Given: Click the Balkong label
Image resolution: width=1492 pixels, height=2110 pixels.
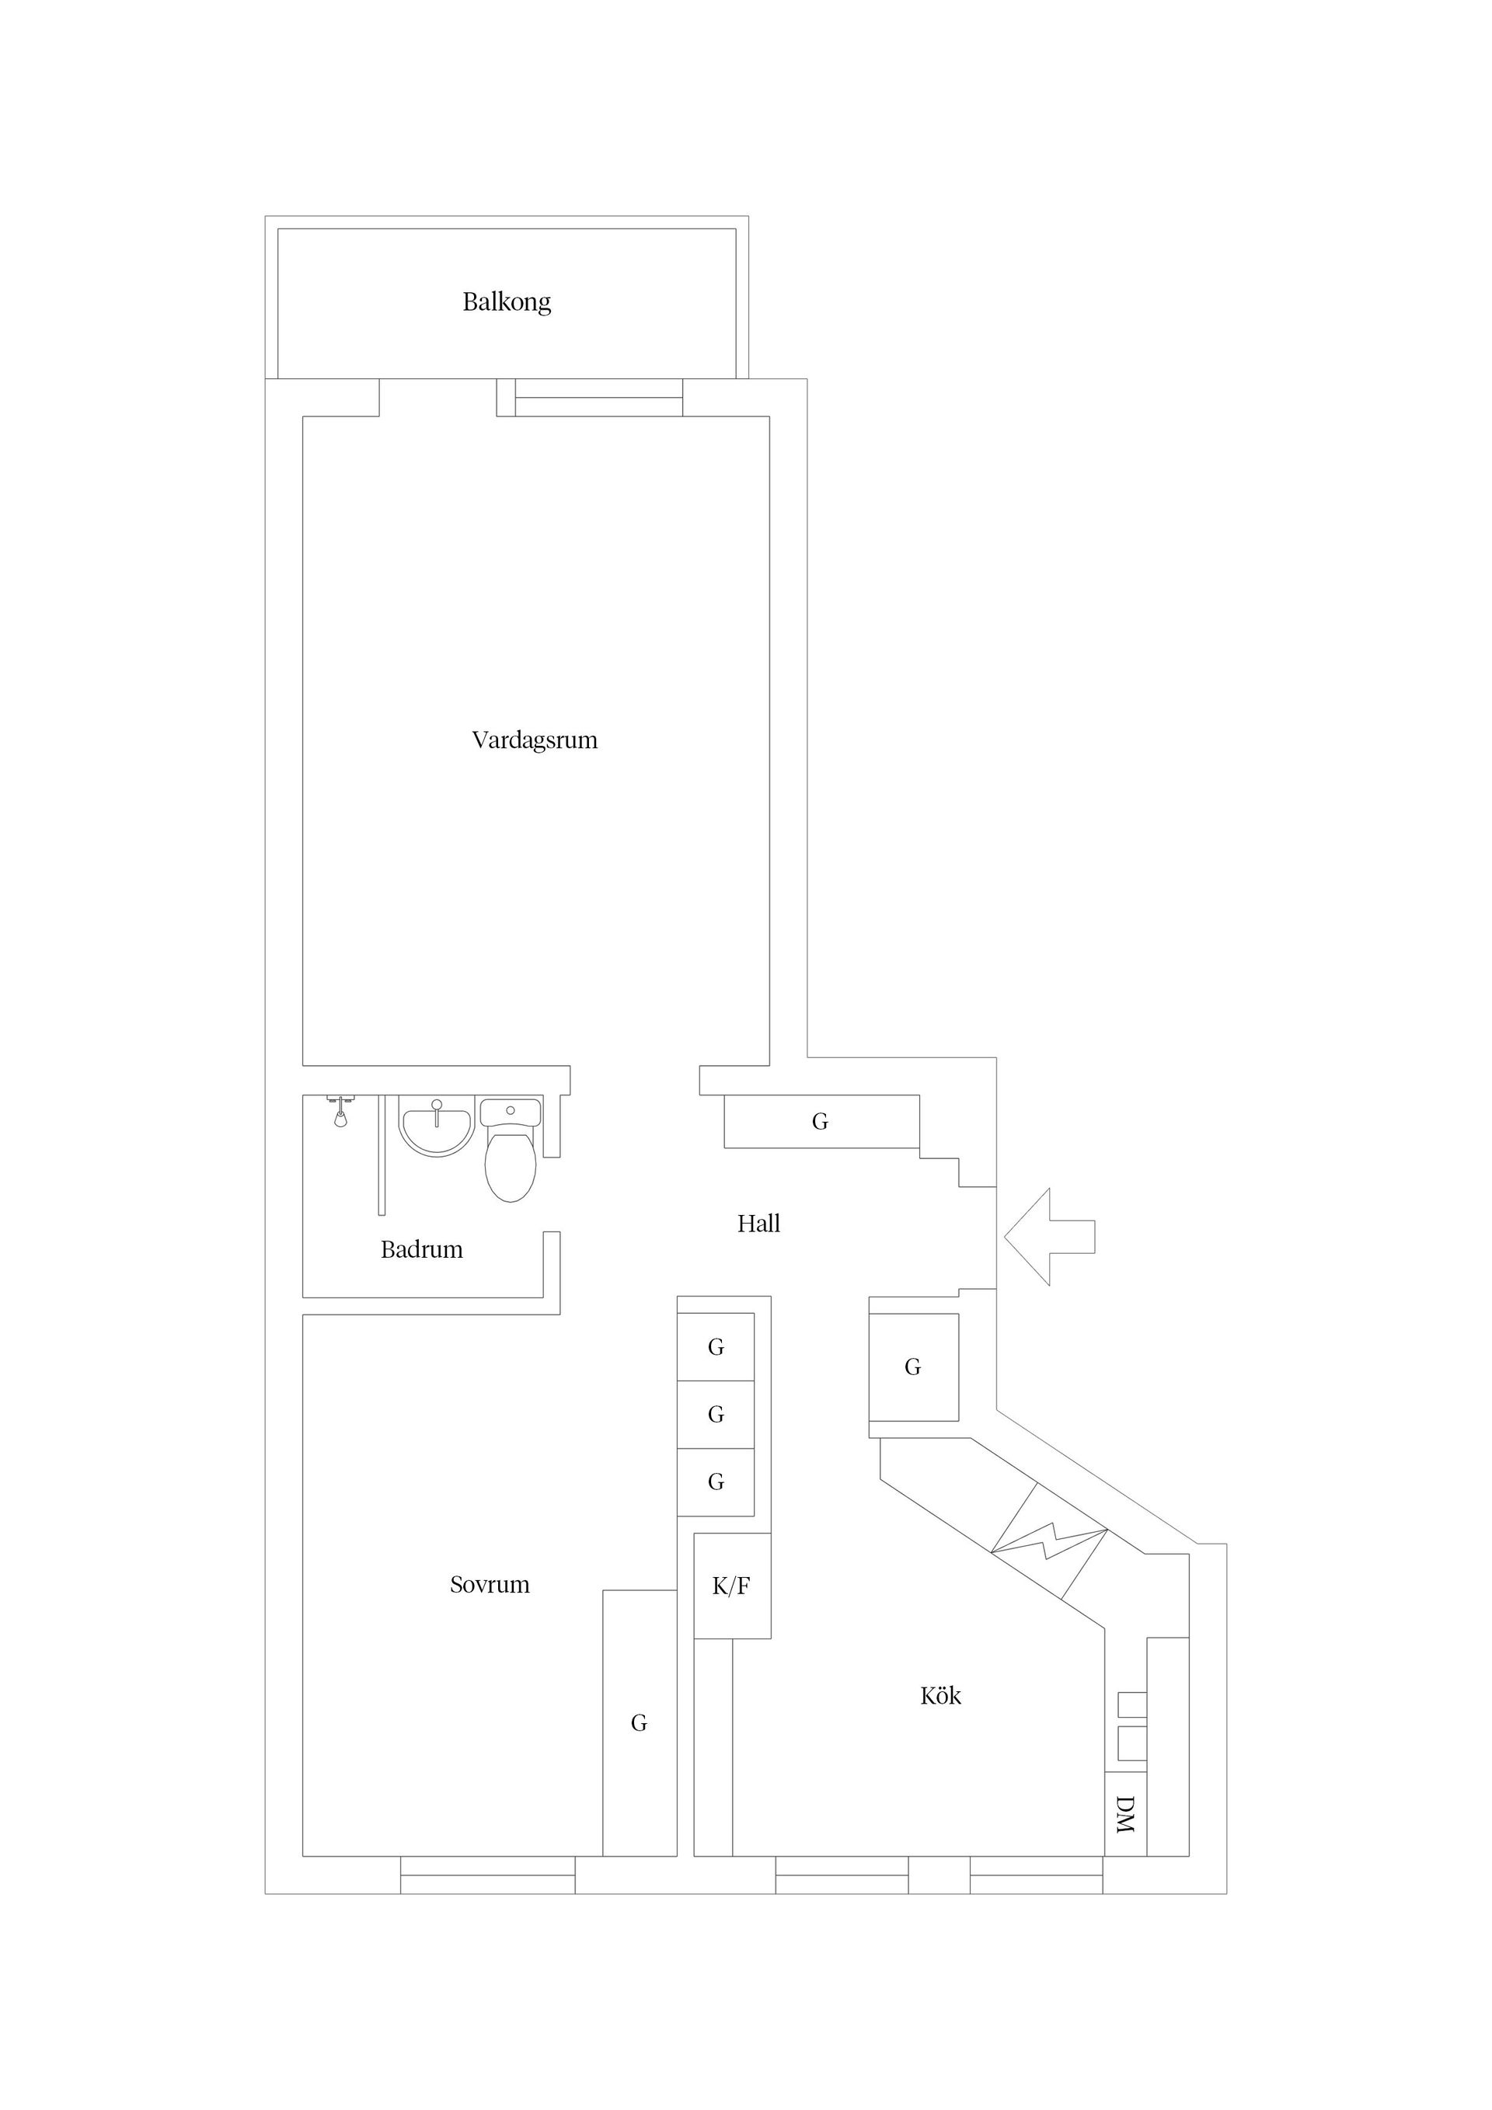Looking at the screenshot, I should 507,302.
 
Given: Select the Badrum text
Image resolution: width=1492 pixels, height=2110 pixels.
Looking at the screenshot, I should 421,1250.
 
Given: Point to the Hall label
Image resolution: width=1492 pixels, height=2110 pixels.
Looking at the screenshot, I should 758,1224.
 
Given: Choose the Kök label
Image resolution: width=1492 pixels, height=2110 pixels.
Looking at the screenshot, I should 940,1695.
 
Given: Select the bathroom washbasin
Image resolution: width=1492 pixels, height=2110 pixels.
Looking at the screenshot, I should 436,1126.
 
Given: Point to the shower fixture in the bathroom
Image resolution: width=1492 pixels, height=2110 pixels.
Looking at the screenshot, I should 340,1111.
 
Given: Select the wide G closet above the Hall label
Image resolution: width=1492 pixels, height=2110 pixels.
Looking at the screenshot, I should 821,1121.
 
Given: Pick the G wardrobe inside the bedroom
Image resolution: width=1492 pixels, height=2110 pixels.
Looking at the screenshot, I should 639,1723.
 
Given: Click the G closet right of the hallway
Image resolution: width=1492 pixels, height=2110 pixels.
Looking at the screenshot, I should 913,1367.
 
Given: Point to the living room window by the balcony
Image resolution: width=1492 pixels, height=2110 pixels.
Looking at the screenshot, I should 598,398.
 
